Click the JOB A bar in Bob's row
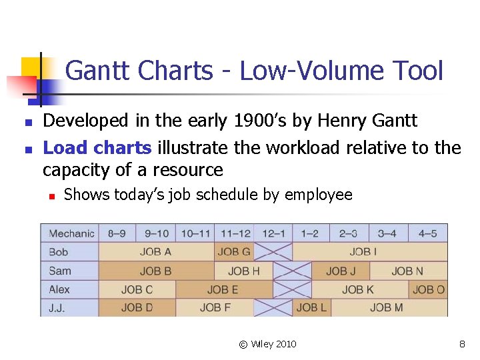[156, 252]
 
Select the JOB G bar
[234, 252]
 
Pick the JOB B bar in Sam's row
[156, 271]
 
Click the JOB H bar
[243, 271]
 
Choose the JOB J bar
[341, 271]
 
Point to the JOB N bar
[407, 271]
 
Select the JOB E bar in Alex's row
[223, 289]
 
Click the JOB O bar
[428, 289]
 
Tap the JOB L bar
[311, 307]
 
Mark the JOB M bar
[387, 307]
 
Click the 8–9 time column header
[117, 233]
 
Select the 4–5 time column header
[427, 233]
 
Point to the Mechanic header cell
[71, 233]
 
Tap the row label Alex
[59, 289]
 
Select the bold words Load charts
[97, 147]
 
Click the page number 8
[461, 344]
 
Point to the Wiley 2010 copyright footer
[268, 344]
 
